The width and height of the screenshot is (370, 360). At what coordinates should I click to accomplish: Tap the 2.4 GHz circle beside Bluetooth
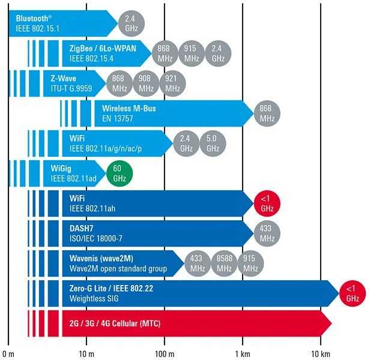pos(130,23)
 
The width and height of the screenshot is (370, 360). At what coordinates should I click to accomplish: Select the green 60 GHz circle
pos(119,173)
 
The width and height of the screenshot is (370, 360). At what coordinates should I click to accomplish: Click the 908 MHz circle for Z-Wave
pos(146,83)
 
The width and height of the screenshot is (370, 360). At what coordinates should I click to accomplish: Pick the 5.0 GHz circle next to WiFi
pos(213,143)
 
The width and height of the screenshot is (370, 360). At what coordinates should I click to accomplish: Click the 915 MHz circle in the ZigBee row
pos(192,53)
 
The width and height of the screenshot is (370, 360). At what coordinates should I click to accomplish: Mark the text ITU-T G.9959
pos(67,89)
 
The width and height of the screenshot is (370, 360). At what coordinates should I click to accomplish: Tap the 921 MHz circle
pos(172,83)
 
